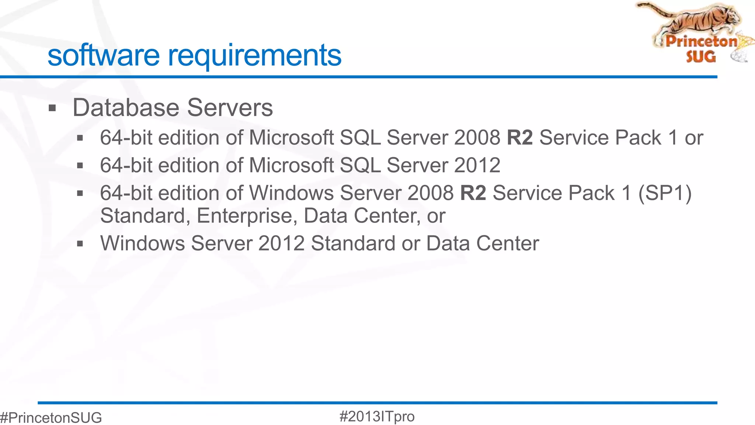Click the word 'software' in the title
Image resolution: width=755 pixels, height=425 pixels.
click(x=103, y=55)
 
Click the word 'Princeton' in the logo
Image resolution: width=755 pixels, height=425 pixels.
click(x=701, y=41)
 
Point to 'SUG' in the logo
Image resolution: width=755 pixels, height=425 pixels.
click(x=701, y=57)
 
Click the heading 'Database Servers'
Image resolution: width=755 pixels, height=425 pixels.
click(x=173, y=108)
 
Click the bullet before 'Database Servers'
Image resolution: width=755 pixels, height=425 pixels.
click(x=52, y=108)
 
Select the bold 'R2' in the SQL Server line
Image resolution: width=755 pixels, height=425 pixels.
click(x=520, y=138)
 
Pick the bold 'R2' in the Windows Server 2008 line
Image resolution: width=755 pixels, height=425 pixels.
click(x=473, y=193)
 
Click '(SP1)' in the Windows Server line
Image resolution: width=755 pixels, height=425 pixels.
click(x=665, y=193)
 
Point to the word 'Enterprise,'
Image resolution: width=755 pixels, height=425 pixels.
click(x=247, y=216)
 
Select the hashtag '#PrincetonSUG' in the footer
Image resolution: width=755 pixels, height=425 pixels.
click(x=51, y=418)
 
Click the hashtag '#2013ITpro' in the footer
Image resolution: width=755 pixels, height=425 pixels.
click(x=377, y=417)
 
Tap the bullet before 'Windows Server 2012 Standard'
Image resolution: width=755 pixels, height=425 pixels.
click(x=80, y=243)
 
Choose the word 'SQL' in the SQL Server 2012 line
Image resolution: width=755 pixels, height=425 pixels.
click(x=360, y=165)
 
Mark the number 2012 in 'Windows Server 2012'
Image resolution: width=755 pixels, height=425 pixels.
click(x=281, y=243)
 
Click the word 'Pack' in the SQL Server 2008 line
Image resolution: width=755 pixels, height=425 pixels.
click(x=638, y=138)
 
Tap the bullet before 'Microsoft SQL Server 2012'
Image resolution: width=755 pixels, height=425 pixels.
click(x=80, y=166)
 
